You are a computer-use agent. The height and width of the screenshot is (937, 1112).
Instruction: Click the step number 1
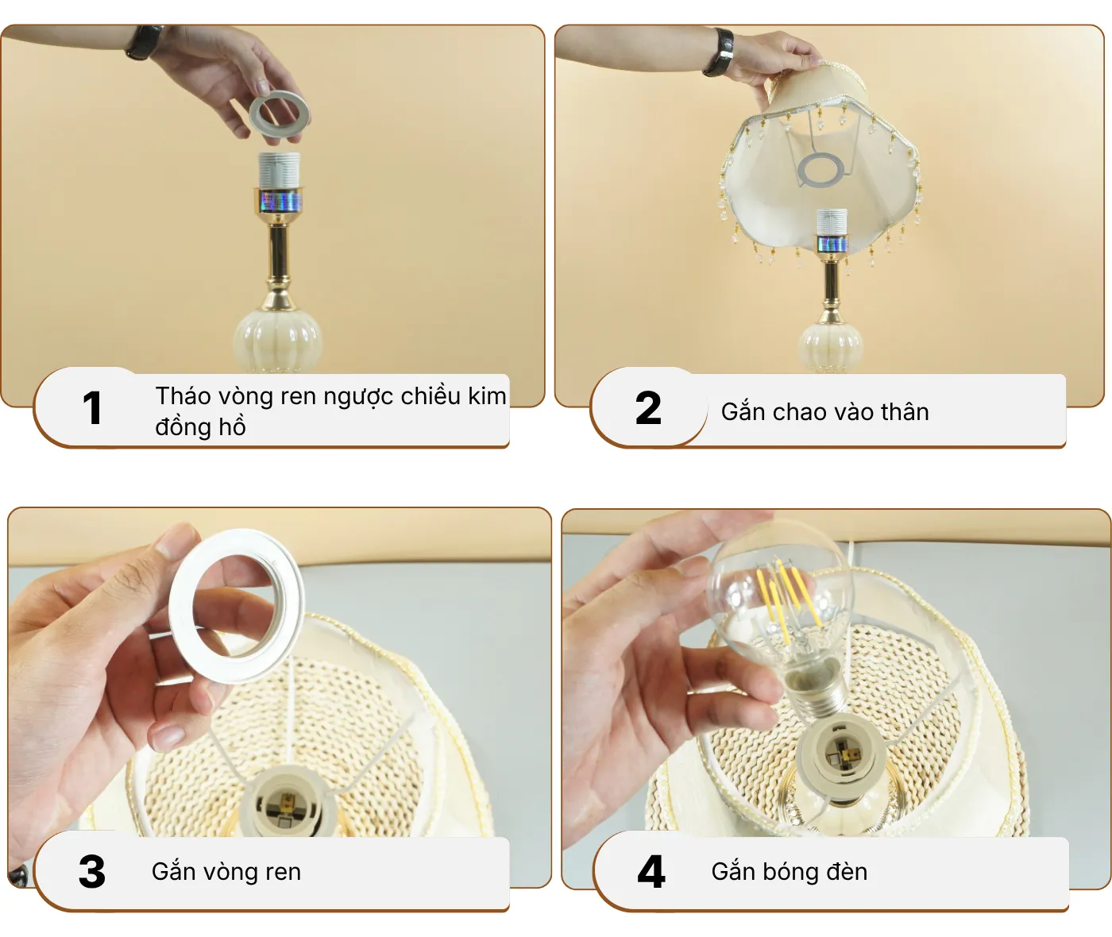92,408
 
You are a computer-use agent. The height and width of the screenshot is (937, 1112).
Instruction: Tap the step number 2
648,408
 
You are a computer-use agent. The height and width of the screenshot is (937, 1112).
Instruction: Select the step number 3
92,871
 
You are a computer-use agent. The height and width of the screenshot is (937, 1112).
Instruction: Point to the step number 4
651,871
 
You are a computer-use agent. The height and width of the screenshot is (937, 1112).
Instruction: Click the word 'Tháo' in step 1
182,395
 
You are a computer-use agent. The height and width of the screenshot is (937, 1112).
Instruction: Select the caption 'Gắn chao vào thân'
824,411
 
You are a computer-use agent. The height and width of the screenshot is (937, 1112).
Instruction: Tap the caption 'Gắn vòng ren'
226,871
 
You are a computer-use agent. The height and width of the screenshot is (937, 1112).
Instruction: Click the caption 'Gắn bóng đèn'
789,871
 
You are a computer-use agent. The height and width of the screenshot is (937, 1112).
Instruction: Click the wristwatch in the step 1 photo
143,42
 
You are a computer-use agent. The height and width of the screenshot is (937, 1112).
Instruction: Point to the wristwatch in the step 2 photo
722,53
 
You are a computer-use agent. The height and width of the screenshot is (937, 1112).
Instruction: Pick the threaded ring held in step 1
279,114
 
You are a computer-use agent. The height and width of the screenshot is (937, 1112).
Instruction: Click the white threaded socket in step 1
280,171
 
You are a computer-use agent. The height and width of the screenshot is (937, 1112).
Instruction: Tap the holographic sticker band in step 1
279,201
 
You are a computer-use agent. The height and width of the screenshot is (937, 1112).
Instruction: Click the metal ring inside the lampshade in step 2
820,170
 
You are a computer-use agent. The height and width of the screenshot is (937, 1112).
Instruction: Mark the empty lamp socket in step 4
840,754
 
